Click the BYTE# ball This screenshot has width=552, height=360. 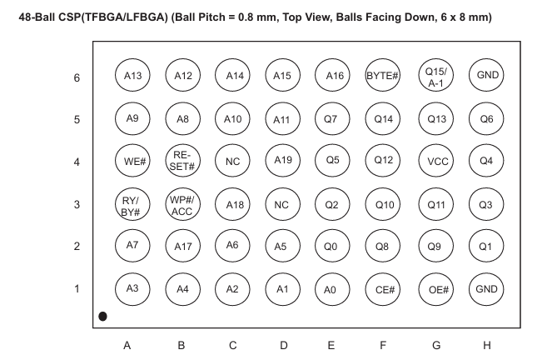click(383, 75)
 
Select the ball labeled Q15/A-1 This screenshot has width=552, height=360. click(435, 75)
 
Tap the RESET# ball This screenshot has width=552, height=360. click(182, 161)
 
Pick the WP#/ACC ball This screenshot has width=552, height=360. click(182, 204)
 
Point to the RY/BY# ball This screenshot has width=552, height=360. click(132, 204)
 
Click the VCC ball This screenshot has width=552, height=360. click(435, 161)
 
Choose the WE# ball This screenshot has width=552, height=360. click(132, 161)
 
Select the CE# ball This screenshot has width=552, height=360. click(383, 289)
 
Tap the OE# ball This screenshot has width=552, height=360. click(435, 289)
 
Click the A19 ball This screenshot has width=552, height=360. click(283, 161)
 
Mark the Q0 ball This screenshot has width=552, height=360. click(332, 246)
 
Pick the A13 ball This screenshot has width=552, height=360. click(132, 75)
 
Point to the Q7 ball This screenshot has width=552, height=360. click(332, 118)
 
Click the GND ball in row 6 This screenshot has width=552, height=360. click(486, 75)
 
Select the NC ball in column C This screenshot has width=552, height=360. click(232, 161)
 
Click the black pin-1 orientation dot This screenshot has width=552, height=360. click(102, 317)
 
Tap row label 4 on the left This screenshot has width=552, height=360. click(77, 162)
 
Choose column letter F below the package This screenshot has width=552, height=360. click(383, 345)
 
